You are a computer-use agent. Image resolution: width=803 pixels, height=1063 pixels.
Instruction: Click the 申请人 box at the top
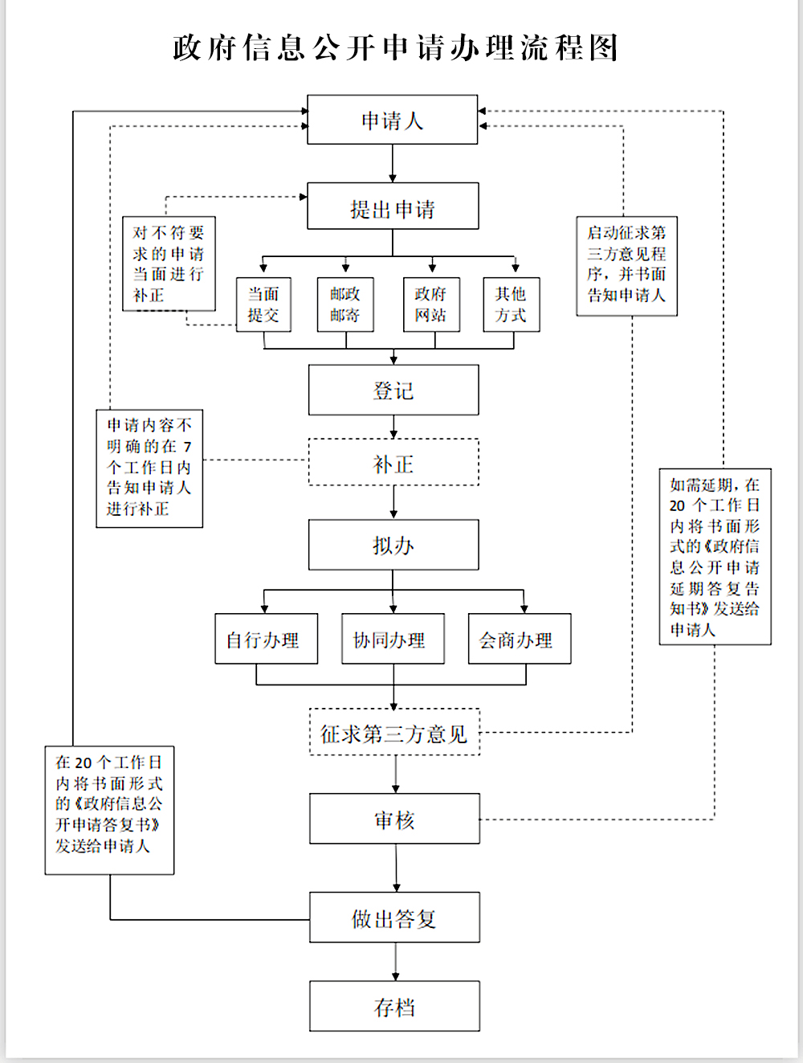pos(393,121)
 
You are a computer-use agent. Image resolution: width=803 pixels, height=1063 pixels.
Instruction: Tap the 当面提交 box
pos(263,305)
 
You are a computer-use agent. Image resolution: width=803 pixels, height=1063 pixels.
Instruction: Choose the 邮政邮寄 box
pos(345,305)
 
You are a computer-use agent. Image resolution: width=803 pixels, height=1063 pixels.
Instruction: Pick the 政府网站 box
pos(431,305)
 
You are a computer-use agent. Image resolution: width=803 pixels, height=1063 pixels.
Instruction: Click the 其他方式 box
pos(512,305)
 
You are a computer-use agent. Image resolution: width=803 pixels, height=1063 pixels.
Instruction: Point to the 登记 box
pos(393,390)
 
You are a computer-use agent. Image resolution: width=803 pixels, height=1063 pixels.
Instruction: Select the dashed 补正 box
pos(393,463)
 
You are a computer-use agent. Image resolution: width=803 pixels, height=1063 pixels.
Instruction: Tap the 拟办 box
pos(393,546)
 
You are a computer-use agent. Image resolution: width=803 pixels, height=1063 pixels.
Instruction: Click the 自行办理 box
pos(266,640)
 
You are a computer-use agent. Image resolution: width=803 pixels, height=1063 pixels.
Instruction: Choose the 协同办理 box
pos(393,640)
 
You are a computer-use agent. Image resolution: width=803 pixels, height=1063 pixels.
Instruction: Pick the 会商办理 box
pos(520,640)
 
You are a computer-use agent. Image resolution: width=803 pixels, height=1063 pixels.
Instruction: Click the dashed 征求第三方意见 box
pos(394,733)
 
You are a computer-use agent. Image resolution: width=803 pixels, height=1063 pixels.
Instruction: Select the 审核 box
pos(394,820)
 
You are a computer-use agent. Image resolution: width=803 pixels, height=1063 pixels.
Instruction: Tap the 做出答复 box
pos(394,918)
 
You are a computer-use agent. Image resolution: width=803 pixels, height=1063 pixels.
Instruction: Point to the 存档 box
pos(394,1007)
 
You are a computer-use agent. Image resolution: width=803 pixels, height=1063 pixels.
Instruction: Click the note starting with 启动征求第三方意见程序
pos(626,265)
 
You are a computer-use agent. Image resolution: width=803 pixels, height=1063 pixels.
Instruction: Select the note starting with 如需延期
pos(715,557)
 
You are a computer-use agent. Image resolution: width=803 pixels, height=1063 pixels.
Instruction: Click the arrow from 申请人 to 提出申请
pos(393,164)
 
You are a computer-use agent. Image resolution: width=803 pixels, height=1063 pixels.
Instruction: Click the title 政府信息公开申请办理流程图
pos(395,48)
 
